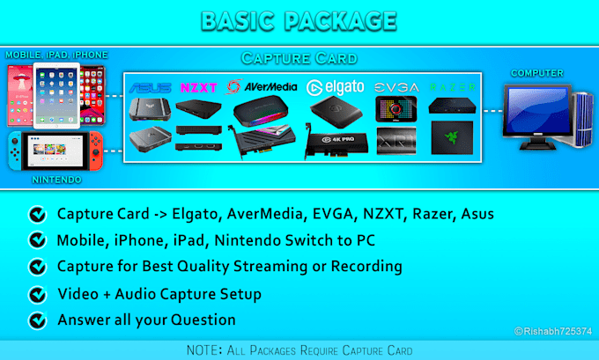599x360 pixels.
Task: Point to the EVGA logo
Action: tap(396, 88)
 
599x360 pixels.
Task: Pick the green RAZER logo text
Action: tap(454, 88)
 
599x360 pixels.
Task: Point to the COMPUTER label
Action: tap(536, 73)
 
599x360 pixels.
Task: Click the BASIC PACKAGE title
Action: tap(299, 19)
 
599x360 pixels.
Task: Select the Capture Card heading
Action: tap(299, 59)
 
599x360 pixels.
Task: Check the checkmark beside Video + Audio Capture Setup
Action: tap(37, 294)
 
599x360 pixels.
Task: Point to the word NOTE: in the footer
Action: tap(205, 349)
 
